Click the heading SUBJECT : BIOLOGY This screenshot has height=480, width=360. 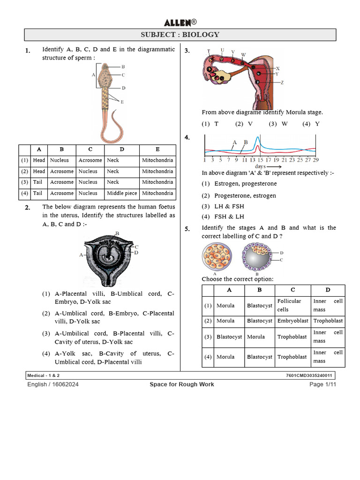[x=180, y=35]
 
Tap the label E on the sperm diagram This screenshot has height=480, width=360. [x=122, y=101]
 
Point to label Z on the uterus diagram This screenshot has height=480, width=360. [x=282, y=82]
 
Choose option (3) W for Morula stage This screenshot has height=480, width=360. [x=278, y=124]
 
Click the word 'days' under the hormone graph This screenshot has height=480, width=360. [x=261, y=166]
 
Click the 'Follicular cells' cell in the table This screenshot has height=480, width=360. [x=289, y=305]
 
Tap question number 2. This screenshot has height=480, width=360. [x=28, y=208]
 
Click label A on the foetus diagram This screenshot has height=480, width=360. [x=81, y=255]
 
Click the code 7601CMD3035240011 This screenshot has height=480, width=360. [x=309, y=376]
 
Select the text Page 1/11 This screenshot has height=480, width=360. [x=323, y=384]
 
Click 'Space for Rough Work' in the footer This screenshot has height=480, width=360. [x=182, y=384]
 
